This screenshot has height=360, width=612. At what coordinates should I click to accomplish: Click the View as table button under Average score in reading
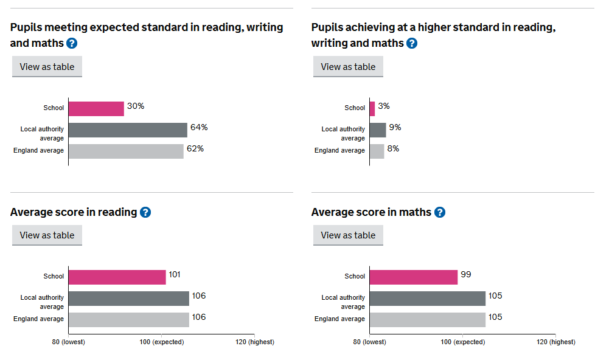coord(47,235)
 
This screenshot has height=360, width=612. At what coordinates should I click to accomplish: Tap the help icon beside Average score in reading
coord(145,212)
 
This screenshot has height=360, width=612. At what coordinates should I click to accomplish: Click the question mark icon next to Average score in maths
coord(440,212)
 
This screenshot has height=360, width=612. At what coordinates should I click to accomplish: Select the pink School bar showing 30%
coord(96,108)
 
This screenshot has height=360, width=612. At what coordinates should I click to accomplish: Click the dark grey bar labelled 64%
coord(128,130)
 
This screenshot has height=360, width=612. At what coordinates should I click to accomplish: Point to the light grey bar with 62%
coord(126,151)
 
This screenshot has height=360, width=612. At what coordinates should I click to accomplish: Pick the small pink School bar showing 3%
coord(372,108)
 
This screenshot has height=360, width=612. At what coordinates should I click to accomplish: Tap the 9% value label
coord(395,128)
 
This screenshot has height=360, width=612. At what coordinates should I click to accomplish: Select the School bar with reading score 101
coord(117,277)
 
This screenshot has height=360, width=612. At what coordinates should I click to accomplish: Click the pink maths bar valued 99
coord(413,277)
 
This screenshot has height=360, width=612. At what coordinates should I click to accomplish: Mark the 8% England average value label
coord(393,149)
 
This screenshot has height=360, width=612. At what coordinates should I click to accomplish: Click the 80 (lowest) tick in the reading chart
coord(69,342)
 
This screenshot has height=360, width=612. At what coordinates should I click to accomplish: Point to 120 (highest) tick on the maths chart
coord(555,342)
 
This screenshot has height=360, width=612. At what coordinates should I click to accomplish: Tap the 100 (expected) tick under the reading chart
coord(161,342)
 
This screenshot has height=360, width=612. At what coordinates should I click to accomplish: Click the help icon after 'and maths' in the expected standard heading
coord(72,43)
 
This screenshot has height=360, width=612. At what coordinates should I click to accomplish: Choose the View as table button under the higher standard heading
coord(348,67)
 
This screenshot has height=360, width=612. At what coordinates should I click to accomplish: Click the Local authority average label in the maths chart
coord(343,302)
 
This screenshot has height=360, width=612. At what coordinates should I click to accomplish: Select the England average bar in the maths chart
coord(427,319)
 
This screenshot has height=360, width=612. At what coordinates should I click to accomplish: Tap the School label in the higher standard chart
coord(355,108)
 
